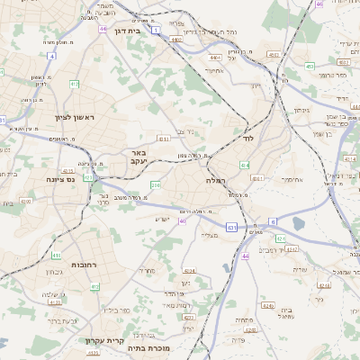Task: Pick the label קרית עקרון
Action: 102,340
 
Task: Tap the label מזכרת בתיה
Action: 149,348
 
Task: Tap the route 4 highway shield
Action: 51,56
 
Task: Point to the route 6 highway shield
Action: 272,220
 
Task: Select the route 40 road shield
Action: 183,220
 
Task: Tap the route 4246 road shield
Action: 282,238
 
